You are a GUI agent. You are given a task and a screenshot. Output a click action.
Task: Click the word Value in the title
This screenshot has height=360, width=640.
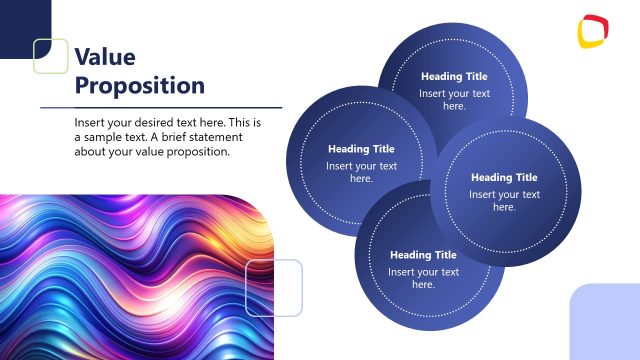[x=105, y=56]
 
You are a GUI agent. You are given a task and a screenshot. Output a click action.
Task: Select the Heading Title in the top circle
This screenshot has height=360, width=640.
[x=454, y=76]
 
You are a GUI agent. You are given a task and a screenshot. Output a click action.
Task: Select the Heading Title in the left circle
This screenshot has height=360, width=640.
[x=361, y=149]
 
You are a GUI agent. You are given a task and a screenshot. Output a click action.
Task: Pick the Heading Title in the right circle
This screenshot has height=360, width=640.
[x=504, y=178]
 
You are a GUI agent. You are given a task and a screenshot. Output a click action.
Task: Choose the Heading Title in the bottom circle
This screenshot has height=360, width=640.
[x=423, y=255]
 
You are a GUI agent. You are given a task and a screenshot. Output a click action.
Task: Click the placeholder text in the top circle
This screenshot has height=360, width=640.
[x=454, y=99]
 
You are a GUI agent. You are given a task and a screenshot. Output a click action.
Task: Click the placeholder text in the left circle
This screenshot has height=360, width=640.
[x=361, y=172]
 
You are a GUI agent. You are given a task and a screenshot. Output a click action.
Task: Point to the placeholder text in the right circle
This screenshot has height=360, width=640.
[x=504, y=200]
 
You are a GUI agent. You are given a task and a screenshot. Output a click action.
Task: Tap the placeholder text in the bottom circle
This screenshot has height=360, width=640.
[x=423, y=278]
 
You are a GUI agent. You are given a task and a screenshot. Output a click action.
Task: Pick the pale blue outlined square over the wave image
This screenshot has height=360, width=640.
[x=274, y=288]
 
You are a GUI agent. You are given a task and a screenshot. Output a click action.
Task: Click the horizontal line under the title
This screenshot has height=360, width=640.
[x=160, y=107]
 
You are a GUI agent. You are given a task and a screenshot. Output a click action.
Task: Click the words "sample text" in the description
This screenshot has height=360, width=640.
[x=121, y=137]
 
